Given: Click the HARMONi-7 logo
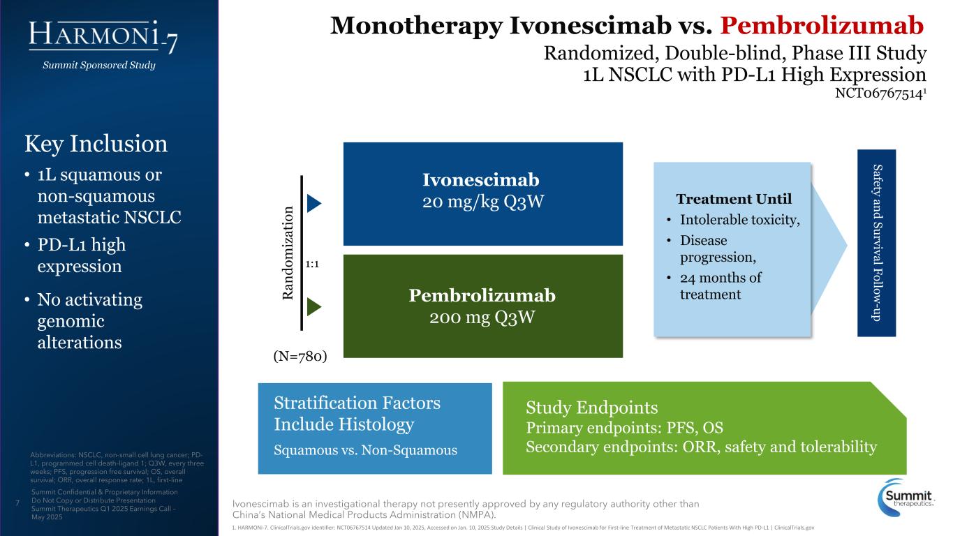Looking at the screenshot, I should (103, 36).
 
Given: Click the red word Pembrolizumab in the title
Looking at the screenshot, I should (822, 25).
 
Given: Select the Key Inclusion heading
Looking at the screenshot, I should (96, 144).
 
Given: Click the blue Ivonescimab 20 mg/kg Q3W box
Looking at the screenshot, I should (482, 193).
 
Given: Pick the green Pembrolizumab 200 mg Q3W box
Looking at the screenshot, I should (482, 306).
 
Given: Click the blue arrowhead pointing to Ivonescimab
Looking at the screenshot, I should (314, 202).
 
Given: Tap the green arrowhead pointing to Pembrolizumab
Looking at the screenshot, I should (314, 306).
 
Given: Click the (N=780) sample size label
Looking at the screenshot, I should (299, 357).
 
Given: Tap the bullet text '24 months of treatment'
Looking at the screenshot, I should (721, 286).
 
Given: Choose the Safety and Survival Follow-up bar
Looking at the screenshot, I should (876, 243).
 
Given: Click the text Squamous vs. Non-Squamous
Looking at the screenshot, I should (366, 450).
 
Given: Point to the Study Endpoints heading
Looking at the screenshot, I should (591, 408).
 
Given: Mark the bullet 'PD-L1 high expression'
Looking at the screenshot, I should (81, 255).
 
